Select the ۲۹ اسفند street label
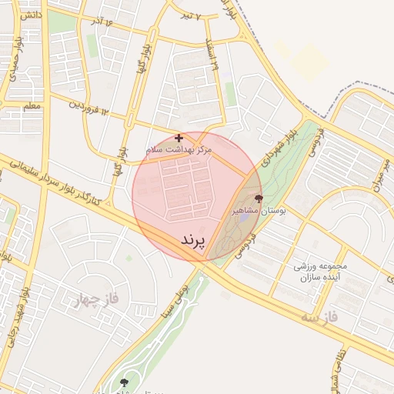212,55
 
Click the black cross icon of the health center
179,138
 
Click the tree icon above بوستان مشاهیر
257,198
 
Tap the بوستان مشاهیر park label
259,210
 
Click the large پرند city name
194,241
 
